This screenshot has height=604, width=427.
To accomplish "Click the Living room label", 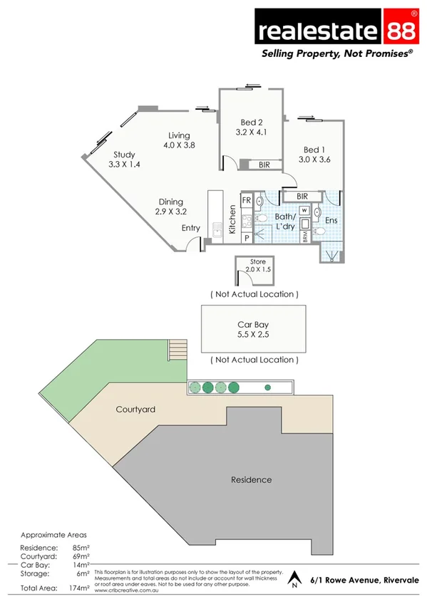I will (179, 135).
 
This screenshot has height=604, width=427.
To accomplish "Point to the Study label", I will (124, 155).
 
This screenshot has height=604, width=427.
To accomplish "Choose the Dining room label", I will (170, 202).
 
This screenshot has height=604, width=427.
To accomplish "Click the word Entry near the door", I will (190, 228).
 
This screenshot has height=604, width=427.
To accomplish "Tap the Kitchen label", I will (232, 219).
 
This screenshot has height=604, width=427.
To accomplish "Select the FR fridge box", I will (246, 200).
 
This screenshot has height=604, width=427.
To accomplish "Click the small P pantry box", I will (246, 239).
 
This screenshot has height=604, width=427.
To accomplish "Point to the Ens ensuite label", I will (331, 221).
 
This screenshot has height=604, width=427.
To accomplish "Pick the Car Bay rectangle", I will (254, 328).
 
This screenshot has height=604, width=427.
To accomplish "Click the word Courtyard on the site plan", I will (135, 410).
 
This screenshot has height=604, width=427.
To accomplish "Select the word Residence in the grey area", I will (251, 479).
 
